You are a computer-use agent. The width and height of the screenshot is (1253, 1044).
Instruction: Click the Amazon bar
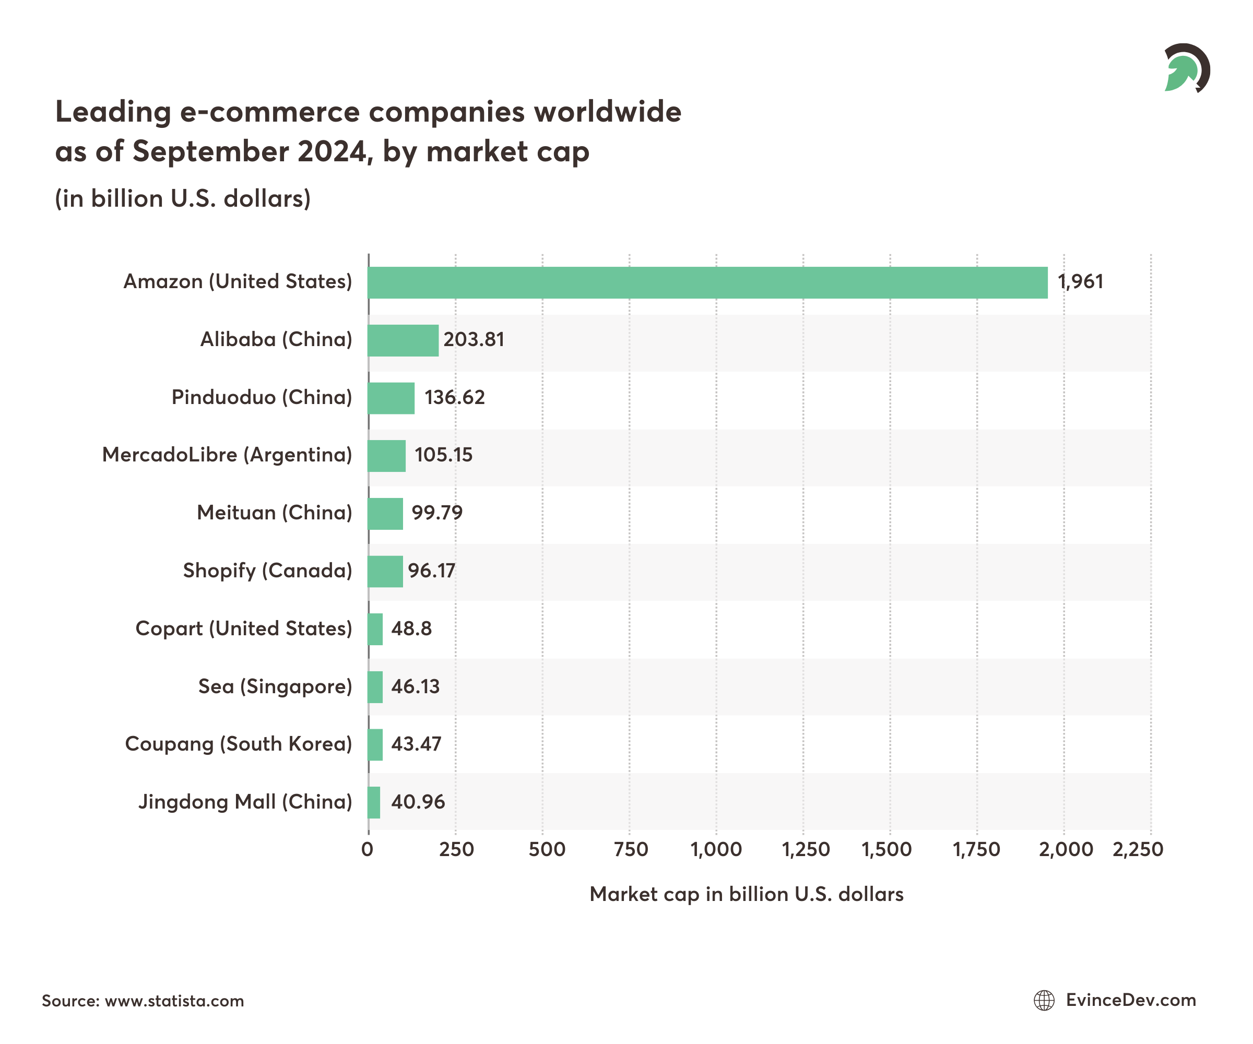coord(707,283)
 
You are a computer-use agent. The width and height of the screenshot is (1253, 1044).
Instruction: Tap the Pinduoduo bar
coord(391,398)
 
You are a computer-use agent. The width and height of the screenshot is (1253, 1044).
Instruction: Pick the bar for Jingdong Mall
coord(374,802)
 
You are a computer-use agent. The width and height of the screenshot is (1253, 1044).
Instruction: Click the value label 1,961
coord(1080,281)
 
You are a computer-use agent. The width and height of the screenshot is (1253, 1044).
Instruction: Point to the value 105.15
coord(443,455)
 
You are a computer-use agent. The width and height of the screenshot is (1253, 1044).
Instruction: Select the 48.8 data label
coord(411,629)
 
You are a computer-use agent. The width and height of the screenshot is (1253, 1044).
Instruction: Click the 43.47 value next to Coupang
coord(416,744)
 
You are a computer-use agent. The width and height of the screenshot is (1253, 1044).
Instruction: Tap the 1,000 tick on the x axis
coord(716,849)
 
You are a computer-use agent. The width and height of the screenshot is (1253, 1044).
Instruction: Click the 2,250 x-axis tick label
coord(1138,849)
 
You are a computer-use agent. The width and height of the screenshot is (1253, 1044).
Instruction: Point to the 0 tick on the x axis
coord(368,849)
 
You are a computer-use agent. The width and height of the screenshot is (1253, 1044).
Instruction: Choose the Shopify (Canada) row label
coord(267,571)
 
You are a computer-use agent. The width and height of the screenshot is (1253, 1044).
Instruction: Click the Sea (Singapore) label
coord(275,686)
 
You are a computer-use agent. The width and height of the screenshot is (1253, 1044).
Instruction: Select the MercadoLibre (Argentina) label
coord(227,455)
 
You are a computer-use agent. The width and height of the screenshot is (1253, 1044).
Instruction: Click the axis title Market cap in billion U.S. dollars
coord(746,894)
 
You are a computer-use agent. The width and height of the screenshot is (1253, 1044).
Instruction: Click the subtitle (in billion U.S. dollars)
coord(183,199)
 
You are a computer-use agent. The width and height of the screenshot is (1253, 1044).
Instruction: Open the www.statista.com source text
coord(174,1001)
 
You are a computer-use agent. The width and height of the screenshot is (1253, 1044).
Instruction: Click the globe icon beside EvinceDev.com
coord(1044,1001)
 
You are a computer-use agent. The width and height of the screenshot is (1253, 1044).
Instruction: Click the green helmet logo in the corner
coord(1185,68)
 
